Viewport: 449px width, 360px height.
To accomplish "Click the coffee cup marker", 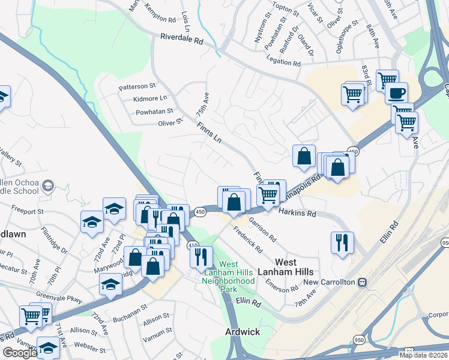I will pos(396,94).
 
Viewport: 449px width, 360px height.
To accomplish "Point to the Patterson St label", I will pos(137,87).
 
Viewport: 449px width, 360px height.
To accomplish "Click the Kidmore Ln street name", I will pos(146,98).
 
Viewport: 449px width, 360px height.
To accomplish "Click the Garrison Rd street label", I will pos(262,230).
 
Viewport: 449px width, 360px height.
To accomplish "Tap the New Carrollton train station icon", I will pos(362,282).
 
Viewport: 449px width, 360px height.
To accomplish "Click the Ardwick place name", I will pos(242,331).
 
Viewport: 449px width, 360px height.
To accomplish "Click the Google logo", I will pos(19,353).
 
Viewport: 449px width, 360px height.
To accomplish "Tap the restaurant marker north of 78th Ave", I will pos(341,242).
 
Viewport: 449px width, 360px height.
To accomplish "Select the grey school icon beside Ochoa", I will pos(46,187).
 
